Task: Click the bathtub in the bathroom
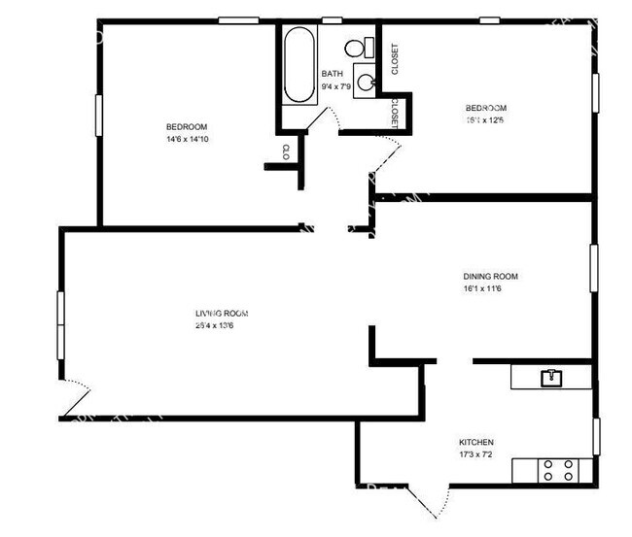(299, 64)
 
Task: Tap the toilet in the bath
(356, 48)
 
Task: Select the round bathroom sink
(366, 83)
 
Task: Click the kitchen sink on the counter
(551, 376)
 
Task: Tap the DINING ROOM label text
(491, 275)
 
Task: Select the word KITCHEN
(477, 441)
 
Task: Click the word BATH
(333, 73)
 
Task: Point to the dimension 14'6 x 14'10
(186, 140)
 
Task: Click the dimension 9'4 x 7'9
(336, 86)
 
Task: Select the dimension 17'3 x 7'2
(477, 454)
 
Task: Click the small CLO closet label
(286, 151)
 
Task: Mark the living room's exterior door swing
(76, 400)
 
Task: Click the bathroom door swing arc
(332, 118)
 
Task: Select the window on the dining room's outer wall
(593, 267)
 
